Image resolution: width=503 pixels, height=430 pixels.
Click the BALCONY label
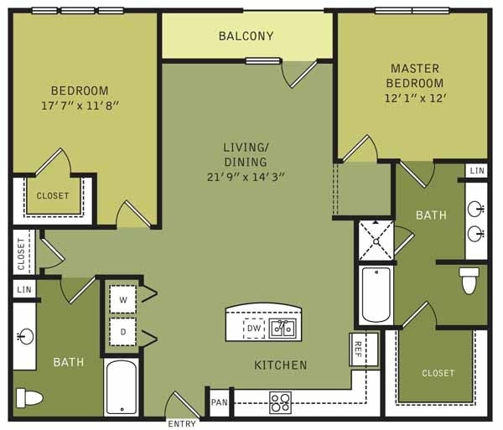point(246,36)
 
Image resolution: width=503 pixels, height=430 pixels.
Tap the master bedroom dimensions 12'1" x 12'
point(414,99)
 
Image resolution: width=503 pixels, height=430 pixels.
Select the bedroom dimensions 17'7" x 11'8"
point(80,106)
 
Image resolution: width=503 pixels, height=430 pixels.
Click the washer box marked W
point(123,298)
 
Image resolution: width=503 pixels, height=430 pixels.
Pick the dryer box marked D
point(123,330)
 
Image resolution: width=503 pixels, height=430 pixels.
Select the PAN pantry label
point(220,403)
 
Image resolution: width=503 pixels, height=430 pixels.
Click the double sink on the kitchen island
point(283,328)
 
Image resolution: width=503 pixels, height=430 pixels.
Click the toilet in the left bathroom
point(29,396)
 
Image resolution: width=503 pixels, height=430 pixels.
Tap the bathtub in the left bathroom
point(121,387)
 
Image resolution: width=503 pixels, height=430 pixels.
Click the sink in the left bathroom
point(23,337)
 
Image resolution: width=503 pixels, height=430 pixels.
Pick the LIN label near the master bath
point(477,170)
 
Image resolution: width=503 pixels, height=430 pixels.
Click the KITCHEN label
point(281,365)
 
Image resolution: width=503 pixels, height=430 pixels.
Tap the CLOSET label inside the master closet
point(438,373)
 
